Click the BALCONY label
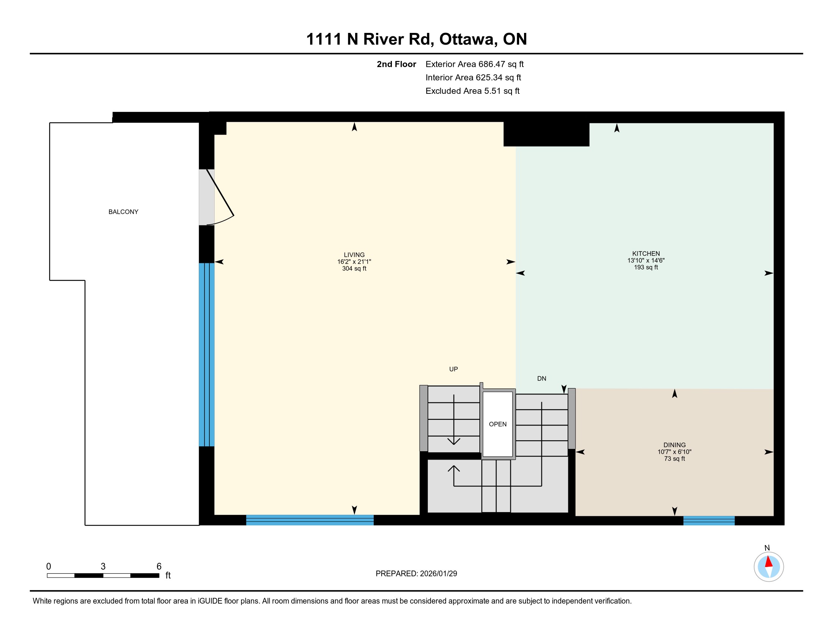(x=123, y=212)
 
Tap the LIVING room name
(x=354, y=255)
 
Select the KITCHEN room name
(x=646, y=254)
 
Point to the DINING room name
(x=674, y=445)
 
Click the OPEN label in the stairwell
(x=498, y=424)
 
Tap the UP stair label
(x=454, y=369)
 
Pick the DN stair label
(x=541, y=379)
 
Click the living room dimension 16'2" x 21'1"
(x=354, y=262)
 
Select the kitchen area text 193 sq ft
(x=646, y=267)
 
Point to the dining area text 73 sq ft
(x=674, y=459)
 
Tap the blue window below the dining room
(x=709, y=520)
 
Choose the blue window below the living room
(x=310, y=520)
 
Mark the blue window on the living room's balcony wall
(x=207, y=355)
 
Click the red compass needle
(x=769, y=562)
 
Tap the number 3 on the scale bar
(x=103, y=567)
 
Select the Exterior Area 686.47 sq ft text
(x=474, y=64)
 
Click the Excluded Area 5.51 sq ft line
(x=473, y=91)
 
